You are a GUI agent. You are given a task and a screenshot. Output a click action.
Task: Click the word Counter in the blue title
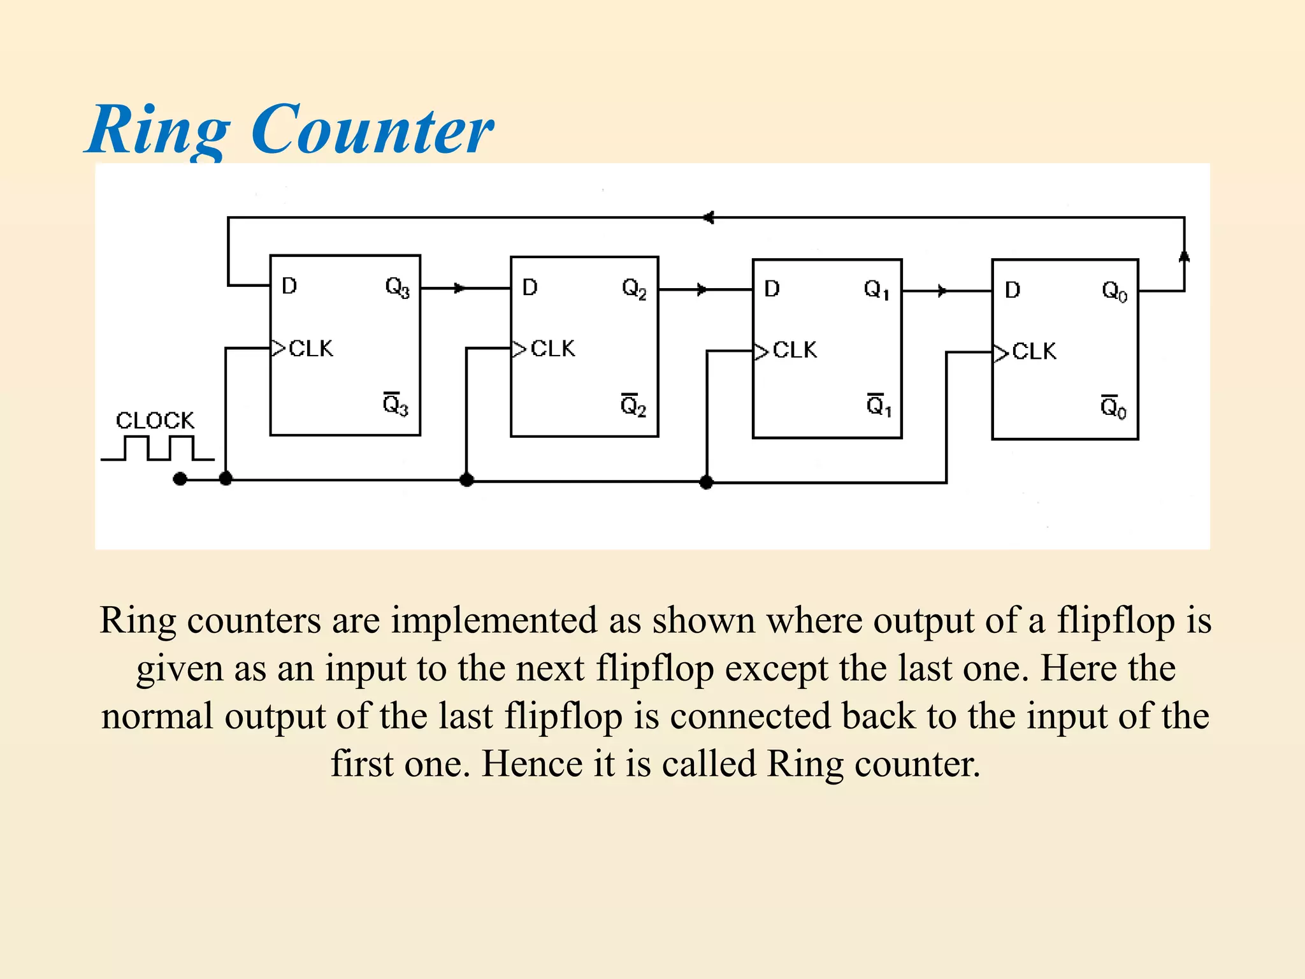tap(372, 130)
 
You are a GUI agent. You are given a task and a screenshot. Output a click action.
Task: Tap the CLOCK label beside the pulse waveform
tap(155, 421)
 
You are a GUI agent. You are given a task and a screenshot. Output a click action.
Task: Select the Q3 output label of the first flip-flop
tap(397, 287)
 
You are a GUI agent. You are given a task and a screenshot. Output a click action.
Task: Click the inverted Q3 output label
tap(396, 405)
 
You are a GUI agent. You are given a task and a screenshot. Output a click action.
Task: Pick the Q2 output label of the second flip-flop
tap(634, 289)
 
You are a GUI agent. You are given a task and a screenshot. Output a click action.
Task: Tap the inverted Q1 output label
tap(879, 405)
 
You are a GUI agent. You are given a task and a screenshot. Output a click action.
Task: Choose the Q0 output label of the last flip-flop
tap(1114, 292)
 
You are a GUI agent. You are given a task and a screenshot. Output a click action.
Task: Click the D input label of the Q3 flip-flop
tap(289, 286)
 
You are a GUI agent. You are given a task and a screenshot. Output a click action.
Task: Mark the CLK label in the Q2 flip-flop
tap(552, 349)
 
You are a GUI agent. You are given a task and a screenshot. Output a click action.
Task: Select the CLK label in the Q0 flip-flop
tap(1034, 351)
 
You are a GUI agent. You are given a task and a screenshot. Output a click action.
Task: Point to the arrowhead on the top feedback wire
tap(708, 218)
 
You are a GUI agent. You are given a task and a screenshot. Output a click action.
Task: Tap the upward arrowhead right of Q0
tap(1184, 256)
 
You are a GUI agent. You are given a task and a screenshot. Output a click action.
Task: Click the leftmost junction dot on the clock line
tap(180, 479)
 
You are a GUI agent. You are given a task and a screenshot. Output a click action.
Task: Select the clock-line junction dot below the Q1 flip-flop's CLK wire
tap(706, 482)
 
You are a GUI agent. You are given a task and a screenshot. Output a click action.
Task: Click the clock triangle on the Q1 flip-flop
tap(761, 351)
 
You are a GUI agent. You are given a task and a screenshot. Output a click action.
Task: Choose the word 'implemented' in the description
tap(494, 620)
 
